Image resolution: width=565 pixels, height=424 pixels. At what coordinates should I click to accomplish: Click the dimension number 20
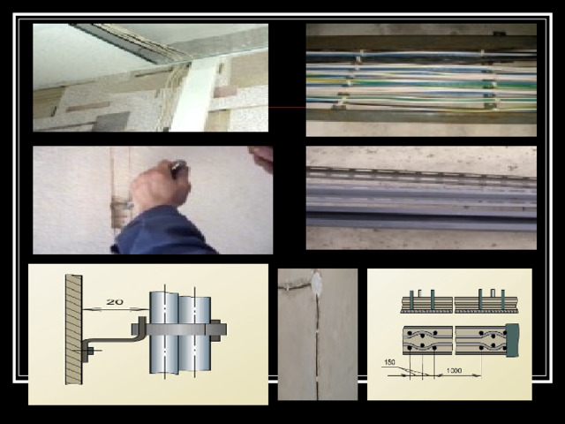click(115, 302)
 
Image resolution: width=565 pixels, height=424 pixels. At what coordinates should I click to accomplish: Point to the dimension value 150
click(389, 362)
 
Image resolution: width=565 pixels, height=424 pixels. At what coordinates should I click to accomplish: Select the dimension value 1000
click(454, 370)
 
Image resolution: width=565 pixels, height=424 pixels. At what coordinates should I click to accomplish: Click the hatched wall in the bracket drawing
click(73, 329)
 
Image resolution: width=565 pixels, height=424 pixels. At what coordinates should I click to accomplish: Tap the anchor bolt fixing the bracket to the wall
click(88, 351)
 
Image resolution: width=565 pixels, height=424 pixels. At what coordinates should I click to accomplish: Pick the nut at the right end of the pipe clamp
click(215, 329)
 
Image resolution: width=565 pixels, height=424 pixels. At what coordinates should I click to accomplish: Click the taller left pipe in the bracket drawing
click(164, 333)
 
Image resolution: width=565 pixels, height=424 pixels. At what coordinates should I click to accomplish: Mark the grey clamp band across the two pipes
click(179, 329)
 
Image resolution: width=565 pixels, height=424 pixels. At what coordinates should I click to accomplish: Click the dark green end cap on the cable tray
click(512, 340)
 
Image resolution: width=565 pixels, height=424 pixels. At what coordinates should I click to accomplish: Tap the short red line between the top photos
click(287, 107)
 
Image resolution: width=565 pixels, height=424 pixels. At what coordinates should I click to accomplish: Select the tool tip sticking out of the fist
click(179, 167)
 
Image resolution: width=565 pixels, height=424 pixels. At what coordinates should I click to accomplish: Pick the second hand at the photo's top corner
click(261, 158)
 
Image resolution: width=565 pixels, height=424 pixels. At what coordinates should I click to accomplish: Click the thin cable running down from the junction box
click(317, 346)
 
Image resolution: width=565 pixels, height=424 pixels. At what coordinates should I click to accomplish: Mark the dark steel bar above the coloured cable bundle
click(421, 42)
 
